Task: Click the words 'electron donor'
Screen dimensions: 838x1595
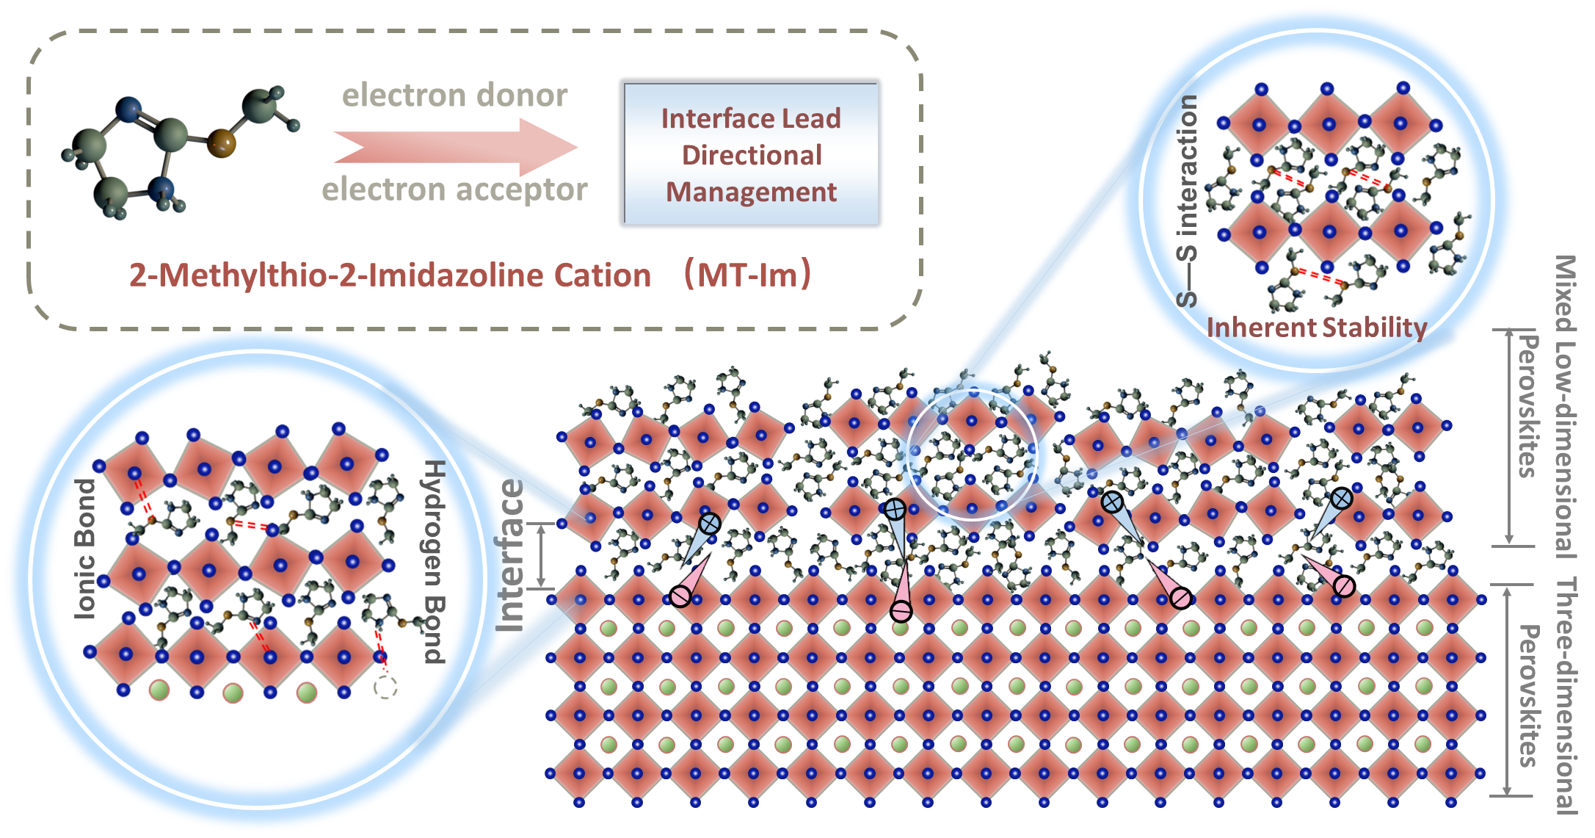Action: [454, 95]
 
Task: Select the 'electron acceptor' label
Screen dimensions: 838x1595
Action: [454, 189]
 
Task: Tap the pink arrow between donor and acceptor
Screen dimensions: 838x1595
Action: [455, 142]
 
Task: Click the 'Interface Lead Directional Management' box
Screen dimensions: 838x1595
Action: [751, 154]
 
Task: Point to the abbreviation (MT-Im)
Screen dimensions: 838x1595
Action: [747, 275]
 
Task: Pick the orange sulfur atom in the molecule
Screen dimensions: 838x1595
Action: [221, 142]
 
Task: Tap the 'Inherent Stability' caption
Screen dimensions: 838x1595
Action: [1316, 328]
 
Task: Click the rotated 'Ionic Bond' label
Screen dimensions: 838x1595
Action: [86, 547]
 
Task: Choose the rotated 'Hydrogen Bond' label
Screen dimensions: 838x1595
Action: [435, 562]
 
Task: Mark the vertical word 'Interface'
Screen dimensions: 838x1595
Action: [510, 555]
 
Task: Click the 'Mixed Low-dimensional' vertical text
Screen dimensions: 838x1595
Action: [1566, 404]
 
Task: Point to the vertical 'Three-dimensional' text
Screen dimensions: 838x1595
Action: [1566, 694]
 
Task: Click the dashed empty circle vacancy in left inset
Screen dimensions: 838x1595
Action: [385, 688]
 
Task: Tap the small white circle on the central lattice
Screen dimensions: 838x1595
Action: [972, 454]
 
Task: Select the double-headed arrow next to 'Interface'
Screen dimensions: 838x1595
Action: [542, 555]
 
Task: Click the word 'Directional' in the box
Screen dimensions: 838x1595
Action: [752, 155]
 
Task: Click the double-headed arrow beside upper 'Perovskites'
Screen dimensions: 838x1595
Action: [1509, 437]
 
